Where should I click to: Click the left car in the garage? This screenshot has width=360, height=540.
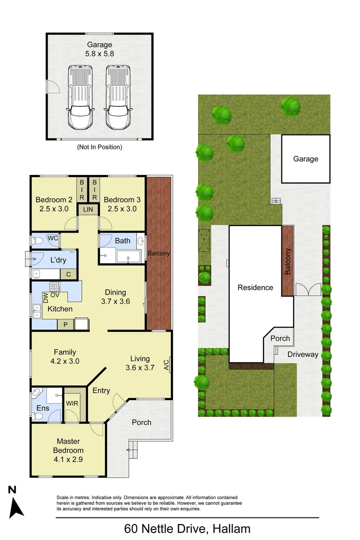tap(80, 97)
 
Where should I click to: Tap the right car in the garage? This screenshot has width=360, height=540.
tap(118, 97)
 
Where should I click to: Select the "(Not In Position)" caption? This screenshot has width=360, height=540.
tap(99, 147)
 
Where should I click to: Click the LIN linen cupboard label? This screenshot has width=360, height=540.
tap(88, 209)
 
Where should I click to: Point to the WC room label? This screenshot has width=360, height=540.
tap(52, 238)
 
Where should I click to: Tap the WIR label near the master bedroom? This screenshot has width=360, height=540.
tap(72, 403)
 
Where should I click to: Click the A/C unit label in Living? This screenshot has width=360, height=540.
tap(166, 364)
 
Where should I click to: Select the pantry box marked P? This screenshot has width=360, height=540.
tap(65, 325)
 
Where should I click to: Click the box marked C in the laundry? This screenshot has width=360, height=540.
tap(68, 274)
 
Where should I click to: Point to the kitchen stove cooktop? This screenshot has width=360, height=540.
tap(55, 286)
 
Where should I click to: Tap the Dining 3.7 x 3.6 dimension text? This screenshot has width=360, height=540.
tap(115, 301)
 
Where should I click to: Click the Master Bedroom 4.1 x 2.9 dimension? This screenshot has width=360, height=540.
tap(68, 459)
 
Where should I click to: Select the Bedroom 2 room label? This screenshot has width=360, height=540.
tap(54, 199)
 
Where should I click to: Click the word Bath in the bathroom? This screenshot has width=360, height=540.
tap(122, 240)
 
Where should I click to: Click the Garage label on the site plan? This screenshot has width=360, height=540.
tap(305, 159)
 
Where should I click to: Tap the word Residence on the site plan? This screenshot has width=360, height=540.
tap(255, 287)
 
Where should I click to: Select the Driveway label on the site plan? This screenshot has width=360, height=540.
tap(303, 354)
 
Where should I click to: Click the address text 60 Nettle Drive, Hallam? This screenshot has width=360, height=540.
tap(187, 528)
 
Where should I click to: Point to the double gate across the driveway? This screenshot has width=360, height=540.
tap(308, 289)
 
